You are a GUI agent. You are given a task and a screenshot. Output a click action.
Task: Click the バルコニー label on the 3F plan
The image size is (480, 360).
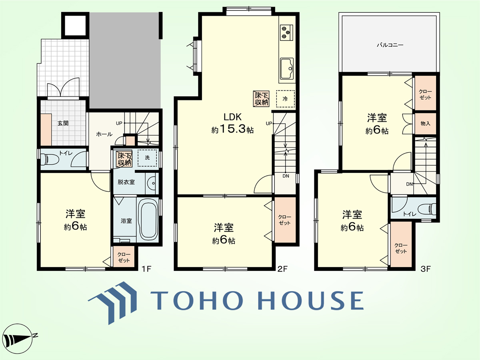(390, 45)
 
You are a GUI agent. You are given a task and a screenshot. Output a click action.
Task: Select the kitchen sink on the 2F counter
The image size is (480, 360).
(287, 68)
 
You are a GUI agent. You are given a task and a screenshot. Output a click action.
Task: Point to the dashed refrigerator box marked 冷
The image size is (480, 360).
(285, 99)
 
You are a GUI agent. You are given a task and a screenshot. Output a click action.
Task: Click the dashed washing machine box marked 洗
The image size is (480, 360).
(147, 158)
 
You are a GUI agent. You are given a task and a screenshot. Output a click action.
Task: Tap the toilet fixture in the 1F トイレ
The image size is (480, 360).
(50, 159)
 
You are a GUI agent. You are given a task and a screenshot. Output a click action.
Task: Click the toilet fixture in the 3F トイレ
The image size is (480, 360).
(428, 208)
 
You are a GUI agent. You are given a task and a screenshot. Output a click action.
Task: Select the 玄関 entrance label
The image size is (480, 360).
(63, 123)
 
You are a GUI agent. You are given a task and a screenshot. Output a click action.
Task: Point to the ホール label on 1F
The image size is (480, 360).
(104, 134)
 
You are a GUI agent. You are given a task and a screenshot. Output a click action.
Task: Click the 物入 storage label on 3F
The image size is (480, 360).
(425, 124)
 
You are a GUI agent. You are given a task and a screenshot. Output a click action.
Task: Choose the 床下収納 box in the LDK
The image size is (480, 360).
(261, 99)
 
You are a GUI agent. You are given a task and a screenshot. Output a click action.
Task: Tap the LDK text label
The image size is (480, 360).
(232, 117)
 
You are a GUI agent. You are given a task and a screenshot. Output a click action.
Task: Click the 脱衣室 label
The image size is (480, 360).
(126, 182)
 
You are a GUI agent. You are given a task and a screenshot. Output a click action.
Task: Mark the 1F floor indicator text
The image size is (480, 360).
(146, 269)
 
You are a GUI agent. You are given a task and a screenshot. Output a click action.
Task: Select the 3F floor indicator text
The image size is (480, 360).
(426, 269)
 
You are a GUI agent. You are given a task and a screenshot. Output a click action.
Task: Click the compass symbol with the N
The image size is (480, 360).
(18, 339)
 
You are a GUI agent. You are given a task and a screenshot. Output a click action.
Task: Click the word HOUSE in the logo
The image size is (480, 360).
(310, 300)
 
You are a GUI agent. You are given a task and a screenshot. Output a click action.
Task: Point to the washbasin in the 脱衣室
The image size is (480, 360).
(152, 183)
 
